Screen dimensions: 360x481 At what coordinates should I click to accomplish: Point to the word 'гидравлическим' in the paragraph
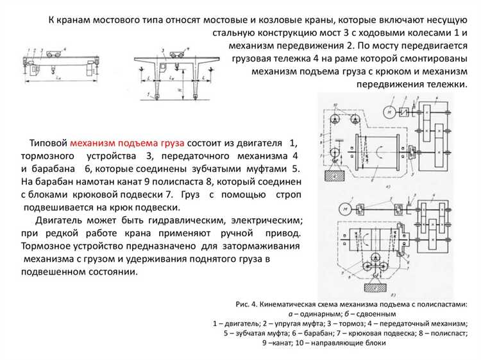coord(181,220)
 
